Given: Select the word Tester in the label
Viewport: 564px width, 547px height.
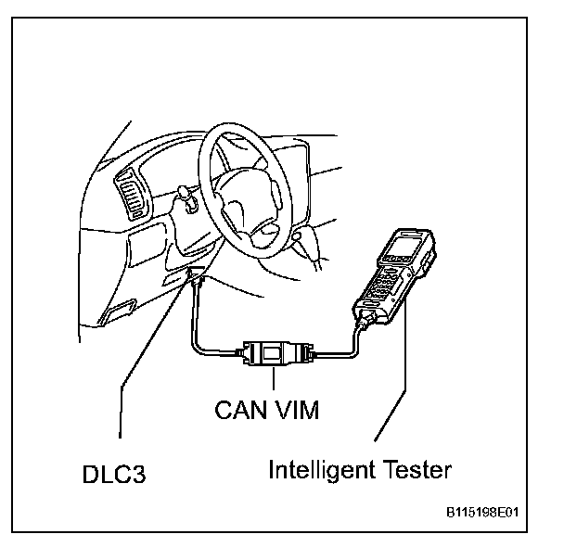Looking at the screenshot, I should [416, 470].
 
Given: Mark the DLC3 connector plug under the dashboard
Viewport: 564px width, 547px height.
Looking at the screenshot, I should [198, 279].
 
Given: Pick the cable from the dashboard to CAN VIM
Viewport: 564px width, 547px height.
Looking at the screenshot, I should [197, 324].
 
